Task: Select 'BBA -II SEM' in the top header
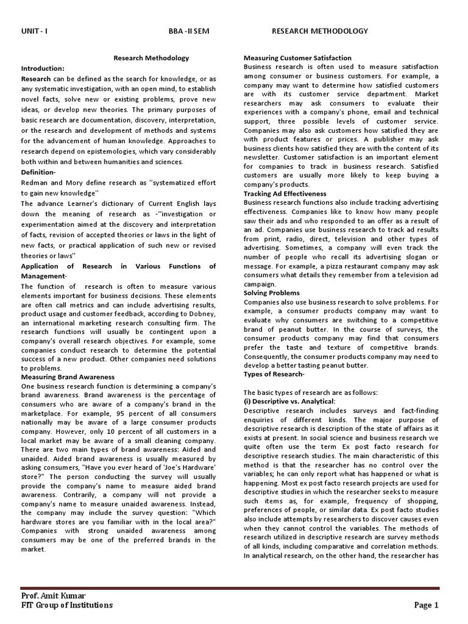188,31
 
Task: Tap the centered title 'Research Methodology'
151,58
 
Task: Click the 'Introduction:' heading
43,68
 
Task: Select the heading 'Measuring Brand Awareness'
68,377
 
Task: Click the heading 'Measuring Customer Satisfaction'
297,58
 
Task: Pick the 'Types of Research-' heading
274,374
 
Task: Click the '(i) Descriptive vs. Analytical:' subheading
289,402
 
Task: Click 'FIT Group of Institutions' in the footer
67,605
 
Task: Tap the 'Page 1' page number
427,605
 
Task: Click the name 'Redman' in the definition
35,183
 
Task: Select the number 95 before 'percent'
121,413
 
